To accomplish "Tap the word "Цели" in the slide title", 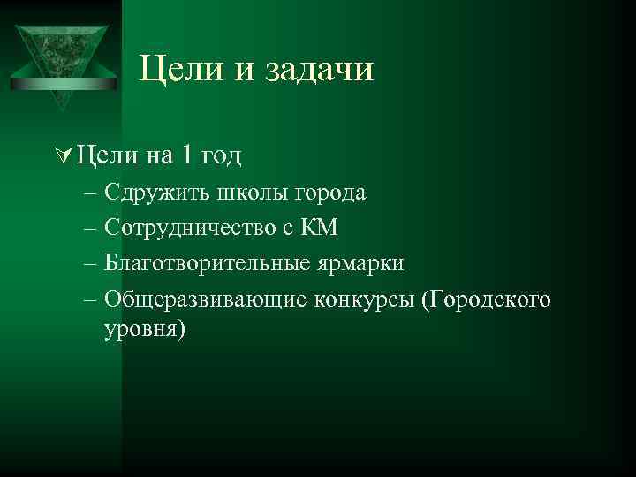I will [180, 70].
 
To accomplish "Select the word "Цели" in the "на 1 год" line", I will [106, 156].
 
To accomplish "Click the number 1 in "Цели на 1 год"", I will [185, 156].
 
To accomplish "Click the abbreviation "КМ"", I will [318, 228].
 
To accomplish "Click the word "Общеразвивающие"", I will [205, 299].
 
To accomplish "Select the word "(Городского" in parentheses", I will [487, 299].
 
